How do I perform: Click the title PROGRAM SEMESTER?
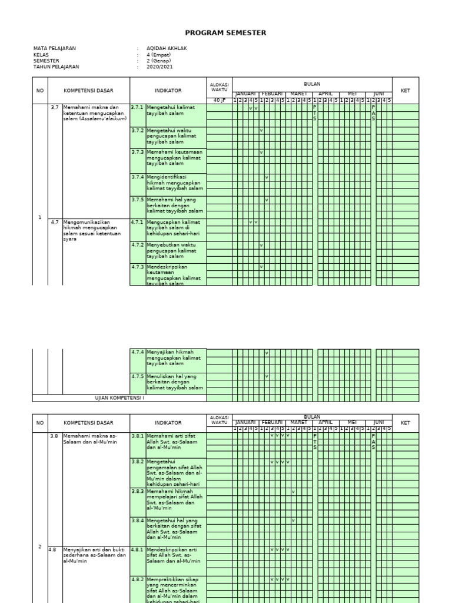pyautogui.click(x=225, y=33)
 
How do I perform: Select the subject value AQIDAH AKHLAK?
pyautogui.click(x=167, y=48)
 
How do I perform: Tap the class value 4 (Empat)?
pyautogui.click(x=158, y=55)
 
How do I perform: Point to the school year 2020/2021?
pyautogui.click(x=160, y=67)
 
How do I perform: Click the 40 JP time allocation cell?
pyautogui.click(x=219, y=101)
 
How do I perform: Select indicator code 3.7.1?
pyautogui.click(x=137, y=107)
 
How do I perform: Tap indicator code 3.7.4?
pyautogui.click(x=137, y=177)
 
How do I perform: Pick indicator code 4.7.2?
pyautogui.click(x=137, y=244)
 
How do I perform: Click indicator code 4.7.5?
pyautogui.click(x=137, y=376)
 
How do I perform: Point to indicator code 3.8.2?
pyautogui.click(x=137, y=461)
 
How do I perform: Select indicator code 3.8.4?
pyautogui.click(x=137, y=520)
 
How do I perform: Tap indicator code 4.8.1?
pyautogui.click(x=137, y=549)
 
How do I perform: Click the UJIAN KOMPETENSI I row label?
pyautogui.click(x=119, y=398)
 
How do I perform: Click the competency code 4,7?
pyautogui.click(x=55, y=222)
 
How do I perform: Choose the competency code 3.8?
pyautogui.click(x=54, y=436)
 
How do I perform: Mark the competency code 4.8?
pyautogui.click(x=54, y=549)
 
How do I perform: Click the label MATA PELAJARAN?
pyautogui.click(x=55, y=48)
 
